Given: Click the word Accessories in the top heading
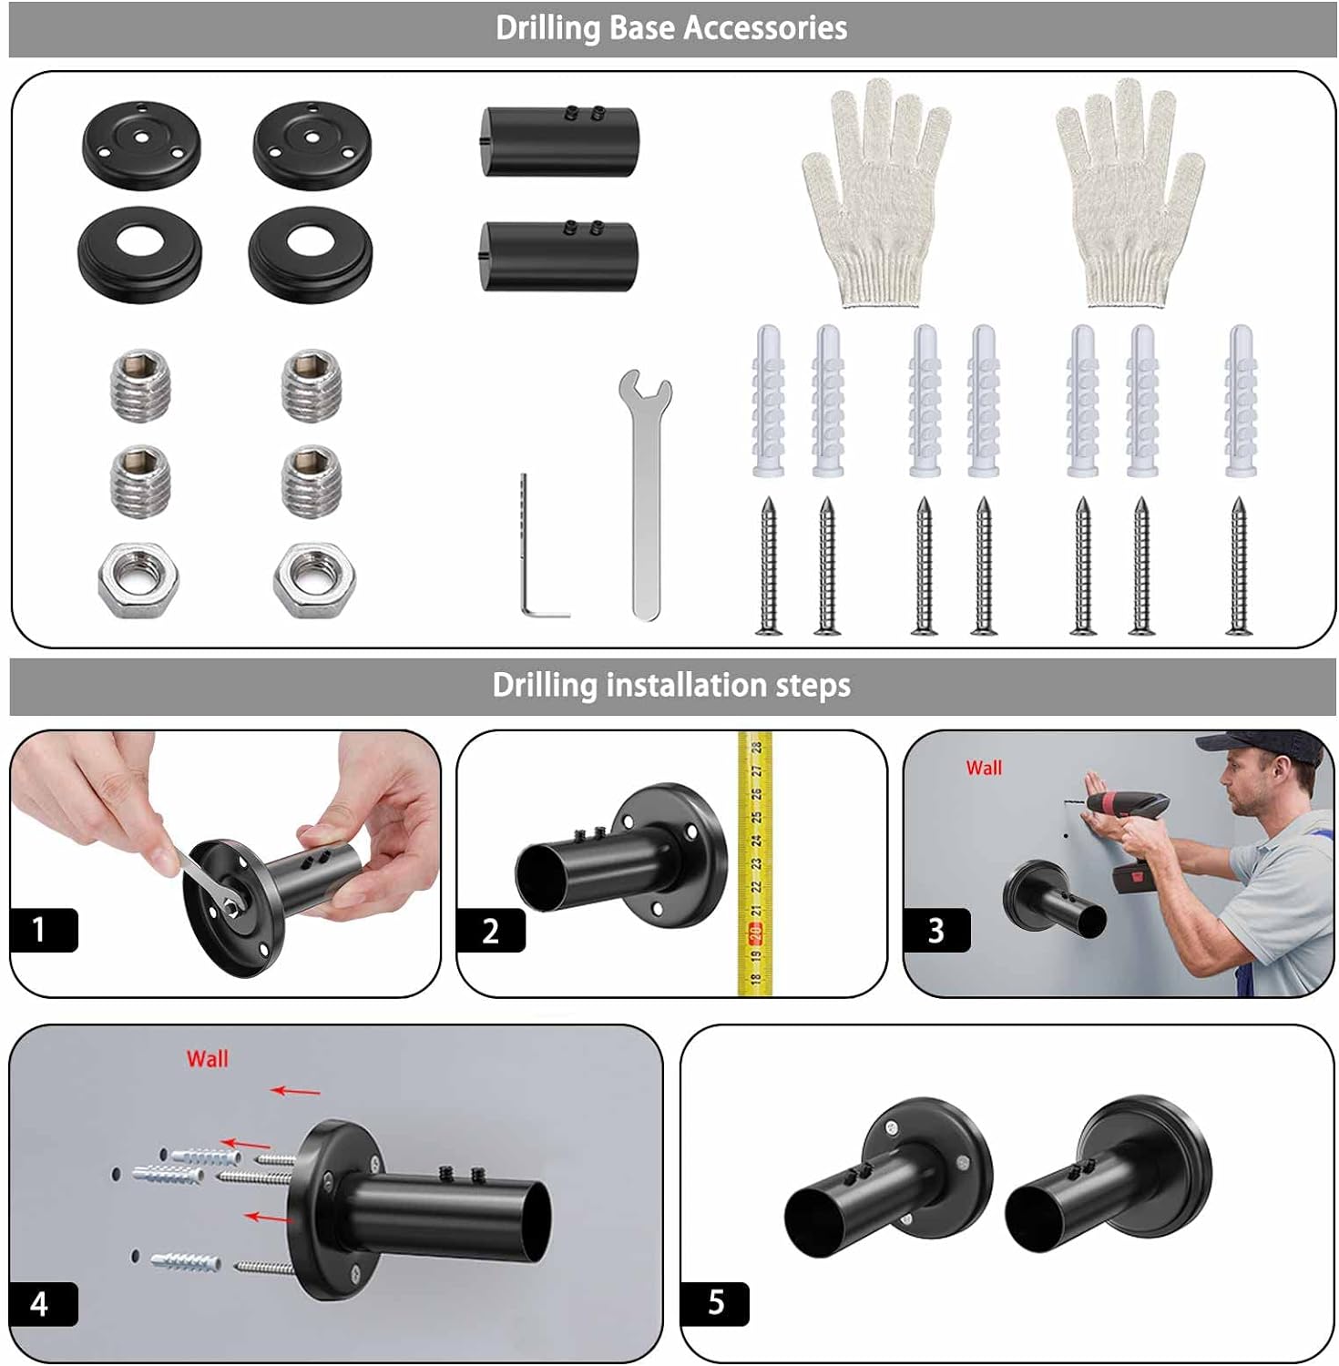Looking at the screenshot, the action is (x=765, y=28).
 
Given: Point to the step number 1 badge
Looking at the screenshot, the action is (x=43, y=930).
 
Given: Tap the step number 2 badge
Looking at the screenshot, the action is (x=491, y=930).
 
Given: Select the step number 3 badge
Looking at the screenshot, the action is (x=936, y=930).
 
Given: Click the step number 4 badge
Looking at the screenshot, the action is (x=43, y=1304).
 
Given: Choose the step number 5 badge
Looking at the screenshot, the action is (x=715, y=1303).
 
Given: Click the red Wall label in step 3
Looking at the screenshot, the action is (x=984, y=768).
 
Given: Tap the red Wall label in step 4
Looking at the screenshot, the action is (x=208, y=1058).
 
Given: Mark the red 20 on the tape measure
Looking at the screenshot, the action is (x=755, y=932).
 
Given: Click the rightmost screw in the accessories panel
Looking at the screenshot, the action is (x=1238, y=566).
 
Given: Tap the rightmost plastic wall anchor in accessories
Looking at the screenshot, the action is (x=1241, y=401).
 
